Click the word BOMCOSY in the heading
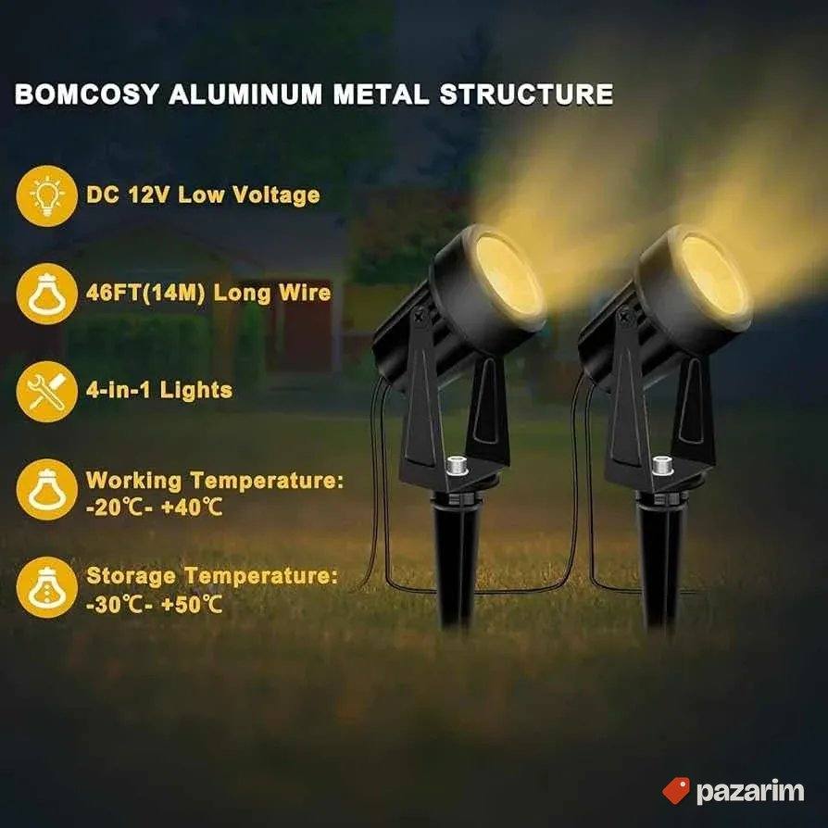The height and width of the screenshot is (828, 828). click(x=87, y=94)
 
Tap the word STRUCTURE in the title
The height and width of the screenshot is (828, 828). click(x=526, y=94)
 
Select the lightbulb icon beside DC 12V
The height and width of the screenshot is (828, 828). click(x=47, y=196)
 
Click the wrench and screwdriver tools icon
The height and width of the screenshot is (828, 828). click(x=47, y=391)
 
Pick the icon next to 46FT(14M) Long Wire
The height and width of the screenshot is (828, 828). click(x=47, y=294)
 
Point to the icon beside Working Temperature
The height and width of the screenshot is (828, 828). click(x=47, y=490)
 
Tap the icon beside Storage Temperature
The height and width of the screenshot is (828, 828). click(x=47, y=587)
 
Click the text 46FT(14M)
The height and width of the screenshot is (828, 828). click(x=145, y=293)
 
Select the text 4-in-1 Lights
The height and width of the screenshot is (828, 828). click(x=159, y=390)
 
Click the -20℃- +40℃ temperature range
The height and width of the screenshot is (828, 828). click(x=154, y=508)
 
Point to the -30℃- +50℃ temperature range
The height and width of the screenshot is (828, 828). click(x=154, y=605)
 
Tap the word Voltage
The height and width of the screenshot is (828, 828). click(x=276, y=195)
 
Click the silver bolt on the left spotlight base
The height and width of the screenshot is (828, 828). click(x=455, y=465)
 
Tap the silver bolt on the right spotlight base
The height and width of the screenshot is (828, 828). click(x=661, y=465)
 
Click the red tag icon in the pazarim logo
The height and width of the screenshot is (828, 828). click(x=676, y=791)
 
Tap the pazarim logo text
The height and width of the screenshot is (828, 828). click(x=750, y=792)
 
